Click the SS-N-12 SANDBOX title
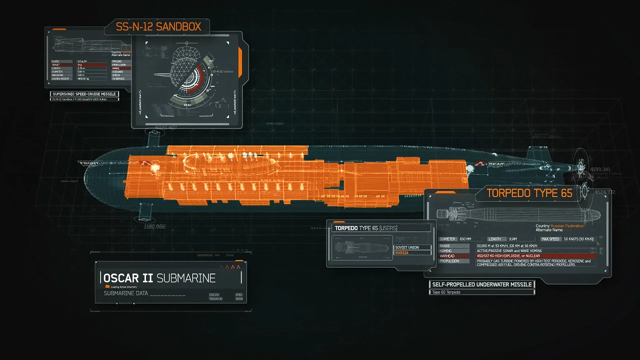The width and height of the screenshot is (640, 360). pos(158,27)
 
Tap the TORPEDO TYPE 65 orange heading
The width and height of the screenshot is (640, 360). pos(529,193)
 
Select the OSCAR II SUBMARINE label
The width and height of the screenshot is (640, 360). pos(159,278)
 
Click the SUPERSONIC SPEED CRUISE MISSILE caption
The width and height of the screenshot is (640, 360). pos(84,94)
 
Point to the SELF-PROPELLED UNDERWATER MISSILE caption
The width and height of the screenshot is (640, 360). pos(482,284)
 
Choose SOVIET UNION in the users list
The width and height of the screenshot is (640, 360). pos(407,247)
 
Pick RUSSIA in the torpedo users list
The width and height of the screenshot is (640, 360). pos(402,253)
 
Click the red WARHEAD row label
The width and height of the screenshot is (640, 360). pos(447,256)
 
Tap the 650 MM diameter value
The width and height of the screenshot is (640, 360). pos(465,239)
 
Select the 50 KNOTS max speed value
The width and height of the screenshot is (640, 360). pos(579,239)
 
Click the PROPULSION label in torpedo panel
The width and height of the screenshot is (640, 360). pos(449,261)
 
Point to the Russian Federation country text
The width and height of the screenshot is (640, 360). pos(567,226)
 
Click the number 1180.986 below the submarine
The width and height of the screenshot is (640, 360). pos(154,227)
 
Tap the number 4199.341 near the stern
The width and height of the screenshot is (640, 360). pos(600,169)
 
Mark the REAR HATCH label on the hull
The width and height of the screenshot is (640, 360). pos(504,164)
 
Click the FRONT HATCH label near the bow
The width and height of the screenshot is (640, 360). pos(97,163)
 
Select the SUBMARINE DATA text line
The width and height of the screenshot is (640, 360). pos(126,293)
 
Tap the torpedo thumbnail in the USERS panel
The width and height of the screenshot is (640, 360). pos(362,248)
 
